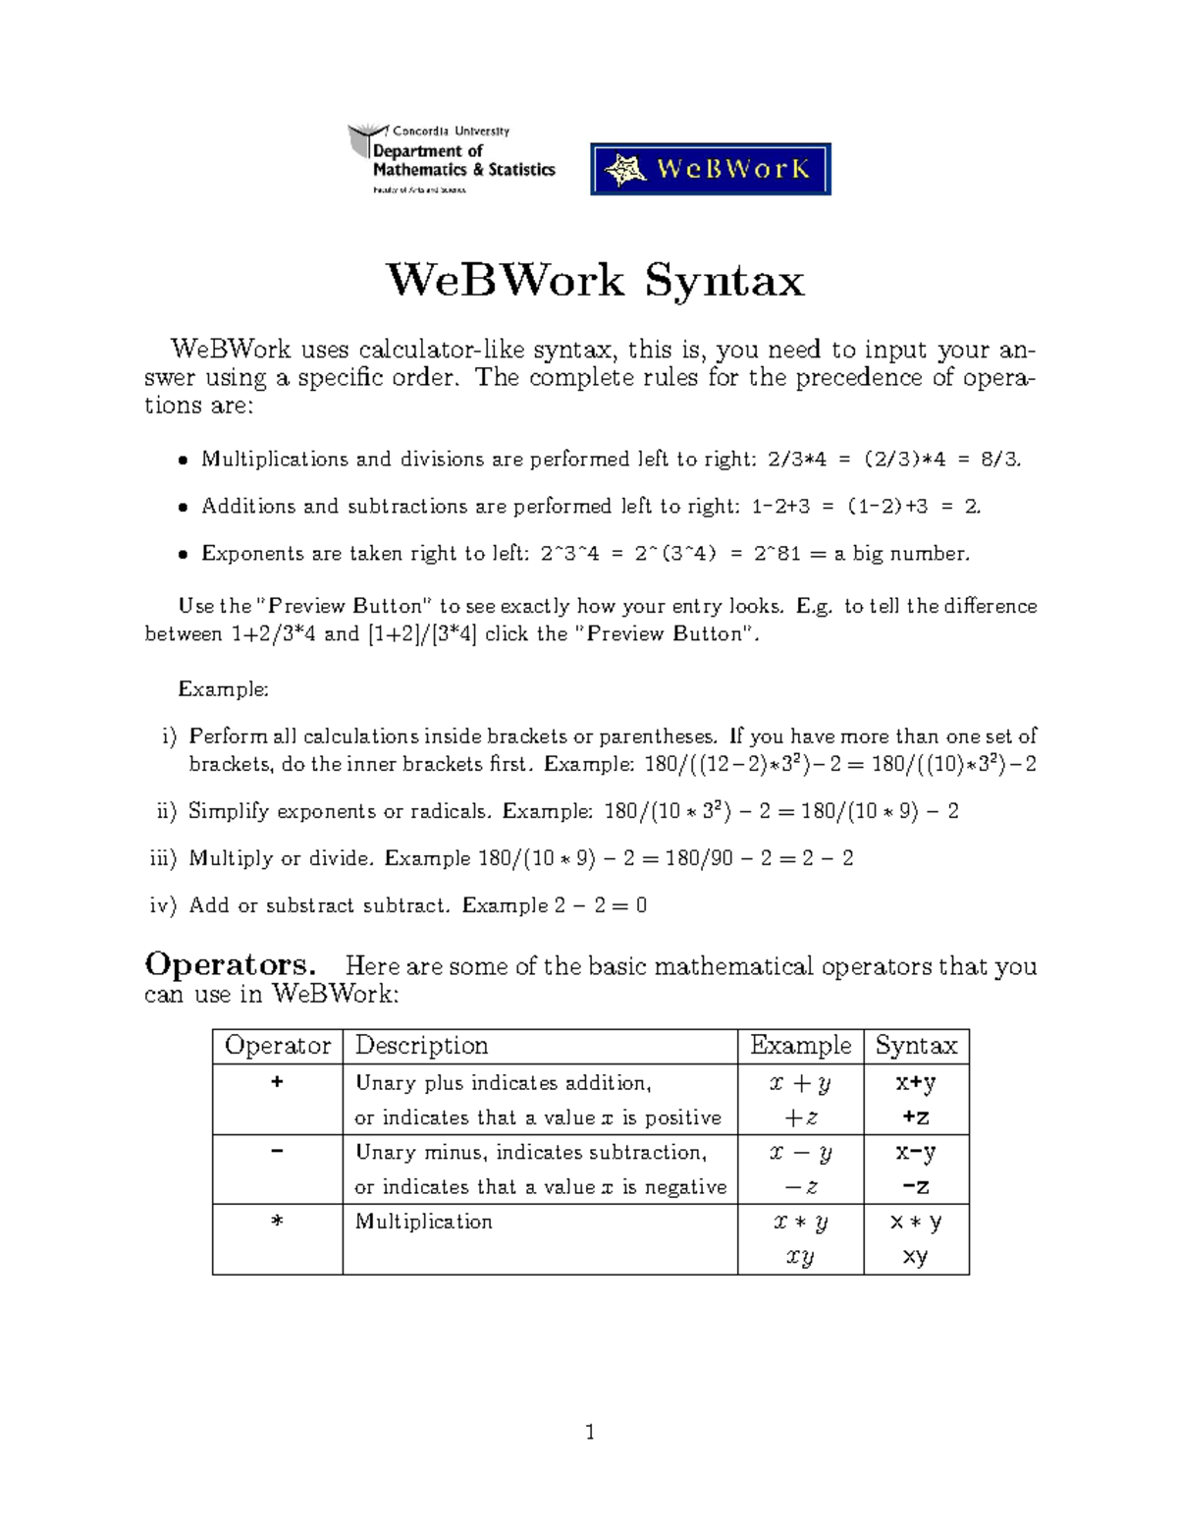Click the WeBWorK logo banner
point(710,169)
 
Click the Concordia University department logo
point(452,159)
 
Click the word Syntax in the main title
point(724,282)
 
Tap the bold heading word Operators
point(229,965)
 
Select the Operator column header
point(278,1046)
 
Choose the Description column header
point(421,1046)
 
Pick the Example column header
point(800,1046)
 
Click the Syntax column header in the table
point(916,1046)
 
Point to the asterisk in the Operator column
point(277,1223)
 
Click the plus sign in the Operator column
point(277,1082)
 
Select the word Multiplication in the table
point(423,1222)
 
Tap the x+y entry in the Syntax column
point(915,1083)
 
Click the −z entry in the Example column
point(800,1187)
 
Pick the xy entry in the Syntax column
point(915,1257)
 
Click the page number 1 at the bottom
point(590,1433)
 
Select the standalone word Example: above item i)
point(223,689)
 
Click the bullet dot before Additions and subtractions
point(183,508)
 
